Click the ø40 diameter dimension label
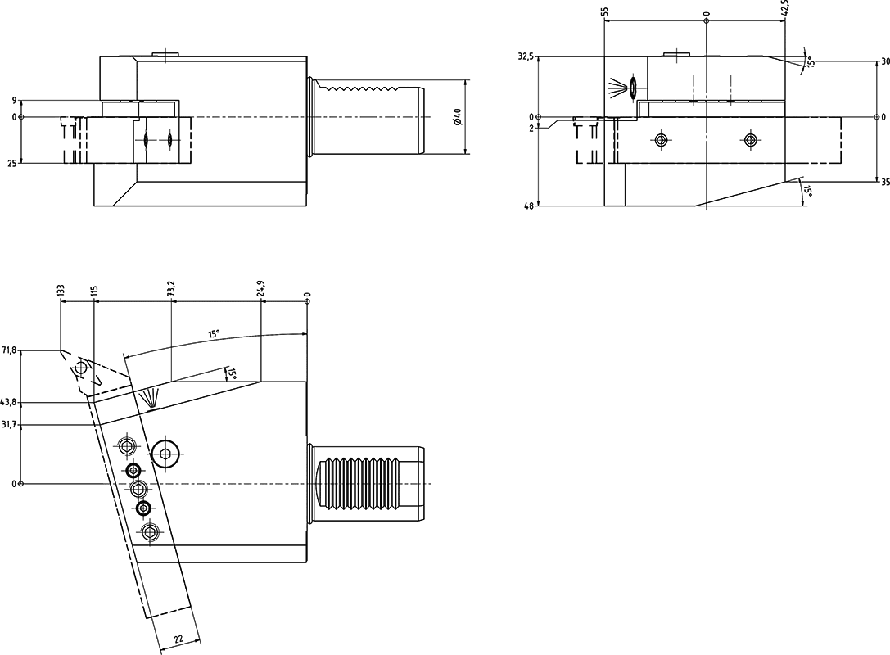click(x=456, y=117)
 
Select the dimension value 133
click(x=61, y=292)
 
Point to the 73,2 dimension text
click(x=170, y=288)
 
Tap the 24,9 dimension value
click(x=261, y=288)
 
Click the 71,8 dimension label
click(x=9, y=350)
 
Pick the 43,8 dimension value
click(x=9, y=402)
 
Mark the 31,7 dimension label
click(x=9, y=424)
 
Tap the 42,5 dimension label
click(x=785, y=8)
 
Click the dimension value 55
click(x=604, y=12)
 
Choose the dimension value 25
click(x=13, y=163)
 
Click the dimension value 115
click(x=95, y=291)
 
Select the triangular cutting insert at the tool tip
click(x=81, y=369)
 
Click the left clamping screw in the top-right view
click(x=661, y=140)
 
